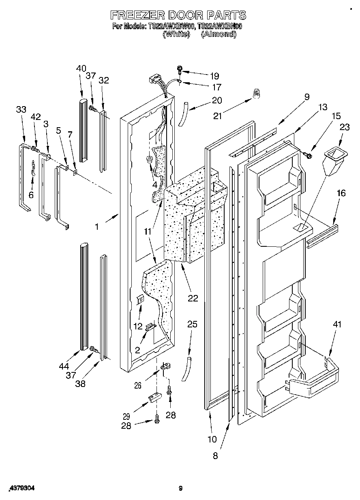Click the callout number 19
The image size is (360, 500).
(x=214, y=76)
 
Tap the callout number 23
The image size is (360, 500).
(x=344, y=127)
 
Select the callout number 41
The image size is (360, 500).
(x=337, y=324)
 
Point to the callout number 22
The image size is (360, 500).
(x=193, y=298)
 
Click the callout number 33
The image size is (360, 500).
(x=21, y=109)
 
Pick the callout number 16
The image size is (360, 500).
(x=341, y=193)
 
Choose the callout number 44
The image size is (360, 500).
(x=63, y=366)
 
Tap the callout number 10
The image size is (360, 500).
(x=212, y=439)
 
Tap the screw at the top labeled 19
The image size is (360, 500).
(x=180, y=69)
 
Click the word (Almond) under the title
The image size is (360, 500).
(x=219, y=34)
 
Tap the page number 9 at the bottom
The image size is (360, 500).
(x=181, y=489)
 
